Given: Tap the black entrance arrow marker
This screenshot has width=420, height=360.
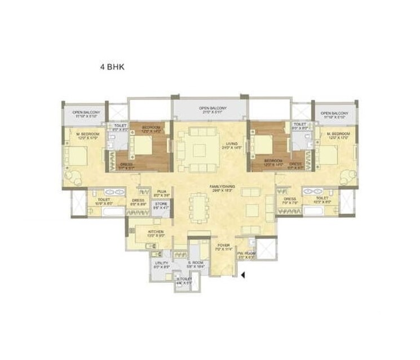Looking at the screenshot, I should coord(242,275).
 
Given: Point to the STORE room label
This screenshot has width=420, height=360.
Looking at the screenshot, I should coord(161,205).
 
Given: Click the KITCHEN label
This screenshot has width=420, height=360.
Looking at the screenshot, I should coord(156,233).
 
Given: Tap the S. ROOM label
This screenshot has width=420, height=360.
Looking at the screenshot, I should coord(196,264).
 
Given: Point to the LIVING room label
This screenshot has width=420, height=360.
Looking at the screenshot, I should coord(229,145).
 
